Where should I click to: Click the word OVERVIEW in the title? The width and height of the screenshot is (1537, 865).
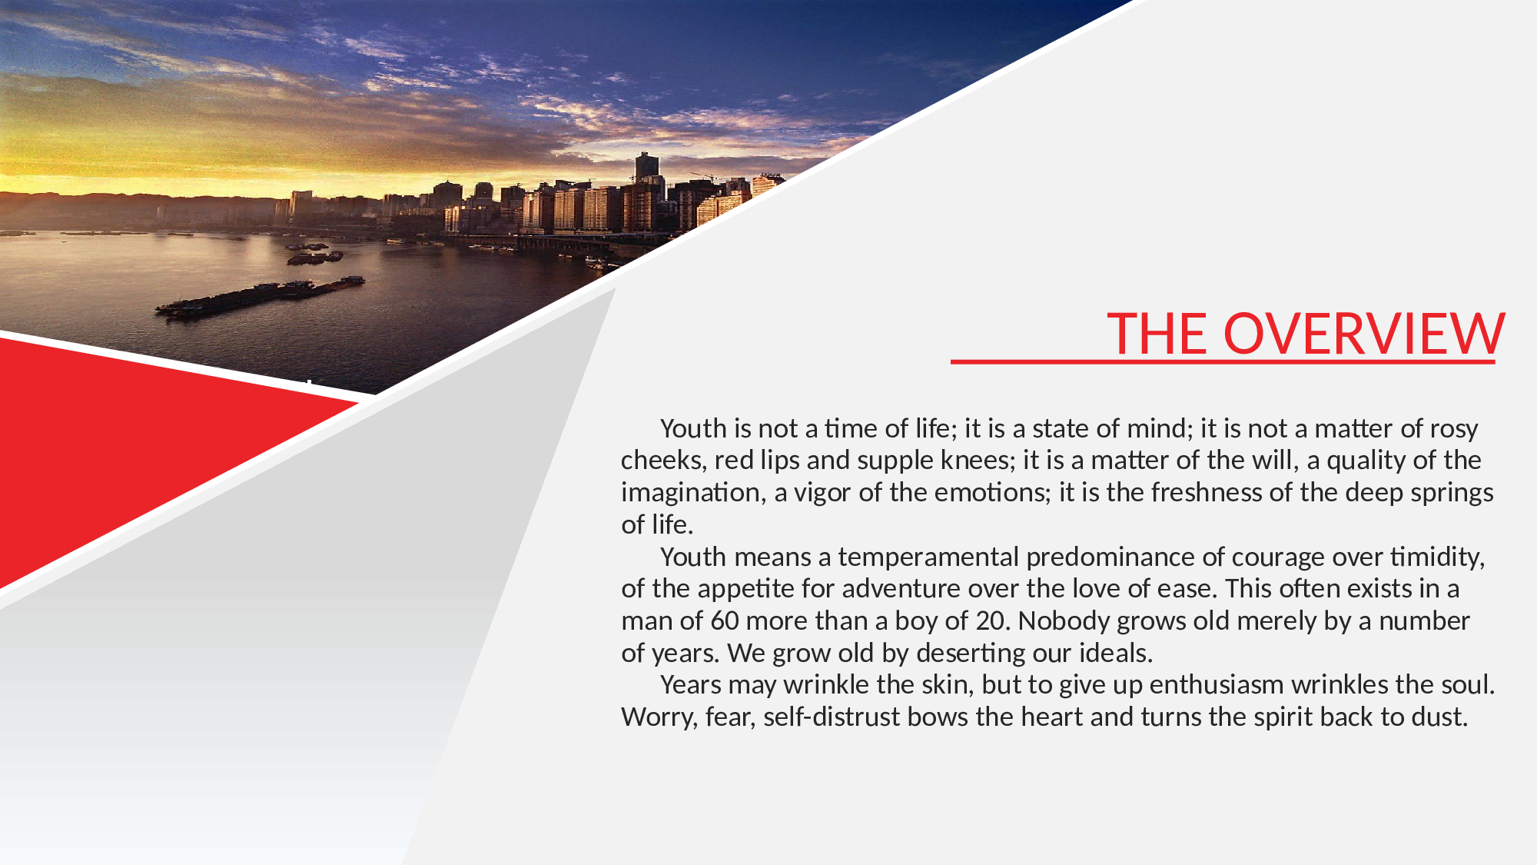coord(1363,334)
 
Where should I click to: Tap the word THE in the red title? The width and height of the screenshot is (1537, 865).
coord(1157,334)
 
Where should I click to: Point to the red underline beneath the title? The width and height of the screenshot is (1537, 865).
coord(1223,361)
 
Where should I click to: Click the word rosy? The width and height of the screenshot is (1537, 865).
coord(1454,429)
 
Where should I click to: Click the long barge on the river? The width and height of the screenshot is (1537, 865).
coord(260,297)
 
